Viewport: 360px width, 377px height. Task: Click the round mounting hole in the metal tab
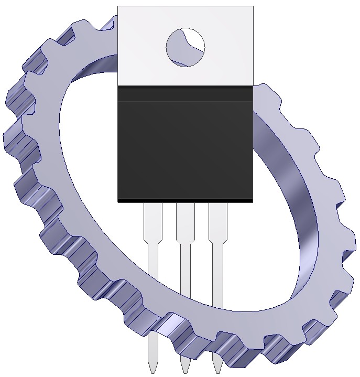[185, 47]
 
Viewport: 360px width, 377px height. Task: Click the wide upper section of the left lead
[153, 220]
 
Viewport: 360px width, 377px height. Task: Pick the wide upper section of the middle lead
[186, 220]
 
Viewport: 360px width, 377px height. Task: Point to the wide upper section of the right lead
[218, 220]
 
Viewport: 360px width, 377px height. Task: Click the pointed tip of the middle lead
[185, 368]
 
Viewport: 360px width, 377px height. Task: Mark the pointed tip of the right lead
[217, 368]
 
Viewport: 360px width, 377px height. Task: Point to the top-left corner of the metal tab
[118, 7]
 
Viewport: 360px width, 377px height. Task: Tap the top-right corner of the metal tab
[253, 7]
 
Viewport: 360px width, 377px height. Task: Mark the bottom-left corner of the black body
[118, 201]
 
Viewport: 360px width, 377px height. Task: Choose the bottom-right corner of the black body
[252, 201]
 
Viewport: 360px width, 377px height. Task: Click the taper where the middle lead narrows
[186, 242]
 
